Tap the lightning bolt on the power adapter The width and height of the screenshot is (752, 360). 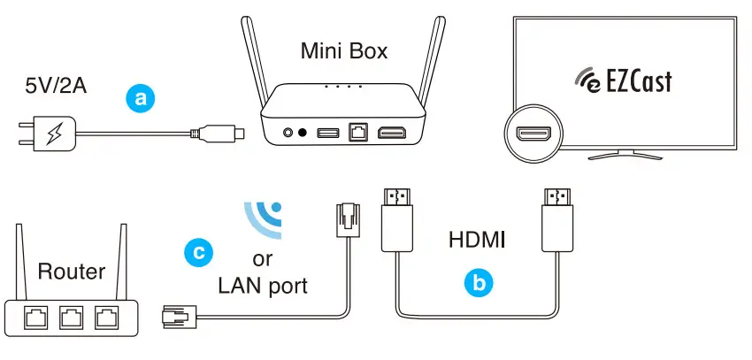(x=54, y=135)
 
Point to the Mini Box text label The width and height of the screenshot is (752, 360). (x=344, y=51)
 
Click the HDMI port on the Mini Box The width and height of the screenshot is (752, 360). (x=393, y=133)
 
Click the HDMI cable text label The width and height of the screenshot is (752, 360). (x=477, y=239)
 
